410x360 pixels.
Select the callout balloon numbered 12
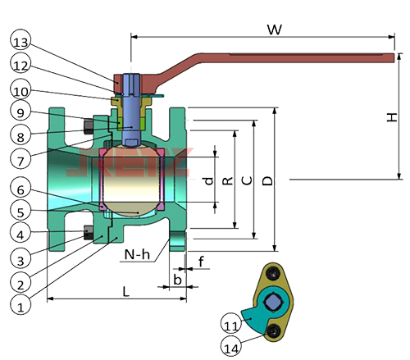[20, 65]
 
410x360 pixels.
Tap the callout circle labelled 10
[20, 90]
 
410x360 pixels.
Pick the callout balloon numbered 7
[20, 160]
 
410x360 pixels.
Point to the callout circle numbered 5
[20, 211]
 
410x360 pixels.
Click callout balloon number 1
[20, 306]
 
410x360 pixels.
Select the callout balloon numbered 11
[231, 324]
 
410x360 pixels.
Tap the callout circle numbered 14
[231, 347]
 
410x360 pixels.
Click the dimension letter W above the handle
[275, 30]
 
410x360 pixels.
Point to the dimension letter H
[392, 117]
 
